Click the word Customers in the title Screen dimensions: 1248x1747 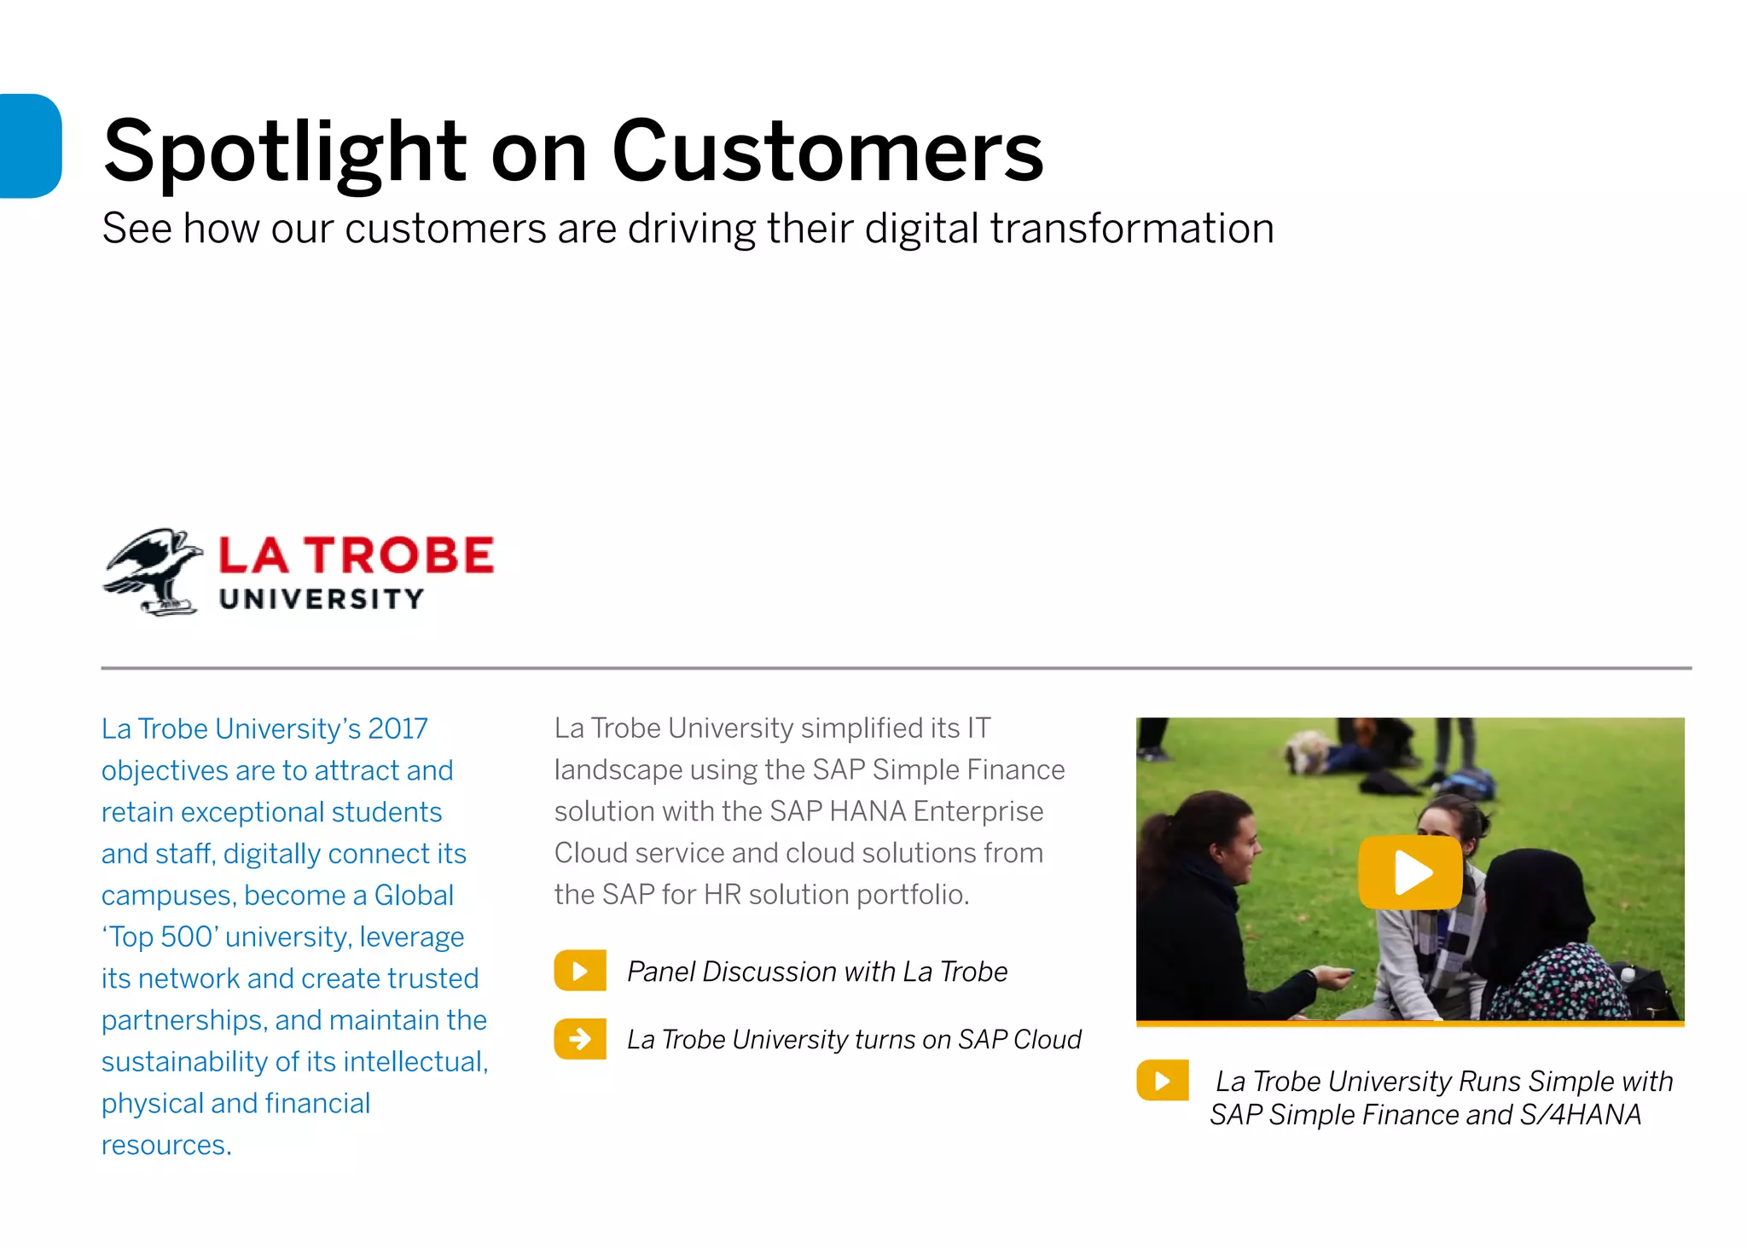coord(827,151)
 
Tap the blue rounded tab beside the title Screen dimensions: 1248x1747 coord(30,146)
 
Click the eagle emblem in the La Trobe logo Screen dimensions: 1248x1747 coord(154,571)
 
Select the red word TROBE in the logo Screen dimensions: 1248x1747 coord(400,555)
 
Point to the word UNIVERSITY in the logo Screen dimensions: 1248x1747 coord(321,599)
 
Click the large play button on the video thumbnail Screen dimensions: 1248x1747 coord(1410,872)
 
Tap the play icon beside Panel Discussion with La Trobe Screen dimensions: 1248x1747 coord(580,971)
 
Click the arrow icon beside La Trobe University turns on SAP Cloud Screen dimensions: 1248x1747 coord(580,1039)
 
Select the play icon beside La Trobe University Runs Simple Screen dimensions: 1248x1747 coord(1162,1081)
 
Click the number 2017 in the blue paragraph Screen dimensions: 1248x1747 coord(398,728)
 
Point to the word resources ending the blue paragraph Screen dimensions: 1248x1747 coord(165,1145)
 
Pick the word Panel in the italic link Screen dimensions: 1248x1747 coord(661,972)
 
